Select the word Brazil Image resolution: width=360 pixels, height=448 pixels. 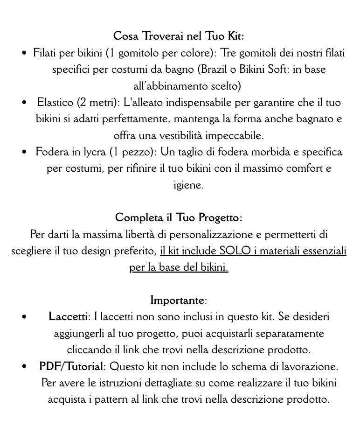[x=215, y=70]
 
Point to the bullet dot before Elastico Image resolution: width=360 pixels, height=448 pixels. [x=24, y=103]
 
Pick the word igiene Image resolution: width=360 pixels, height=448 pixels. [x=188, y=185]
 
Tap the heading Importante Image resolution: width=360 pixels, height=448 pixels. [x=177, y=300]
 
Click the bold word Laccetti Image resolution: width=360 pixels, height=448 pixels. [x=68, y=317]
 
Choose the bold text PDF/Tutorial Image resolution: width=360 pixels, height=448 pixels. [x=71, y=366]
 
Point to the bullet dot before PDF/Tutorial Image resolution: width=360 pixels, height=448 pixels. [x=24, y=367]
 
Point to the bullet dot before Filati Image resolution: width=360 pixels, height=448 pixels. [x=24, y=54]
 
